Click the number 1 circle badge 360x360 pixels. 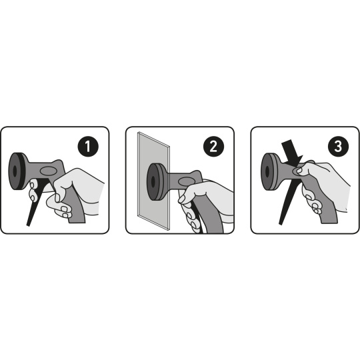point(88,146)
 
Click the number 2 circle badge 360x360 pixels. point(213,146)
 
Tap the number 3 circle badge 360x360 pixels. point(338,146)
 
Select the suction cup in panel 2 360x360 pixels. point(155,181)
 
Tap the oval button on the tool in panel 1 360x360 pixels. point(48,171)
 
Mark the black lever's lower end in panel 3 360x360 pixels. point(280,223)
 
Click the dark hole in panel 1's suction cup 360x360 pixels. point(15,171)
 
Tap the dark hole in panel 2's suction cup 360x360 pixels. point(153,181)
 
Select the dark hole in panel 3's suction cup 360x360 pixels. point(267,172)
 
